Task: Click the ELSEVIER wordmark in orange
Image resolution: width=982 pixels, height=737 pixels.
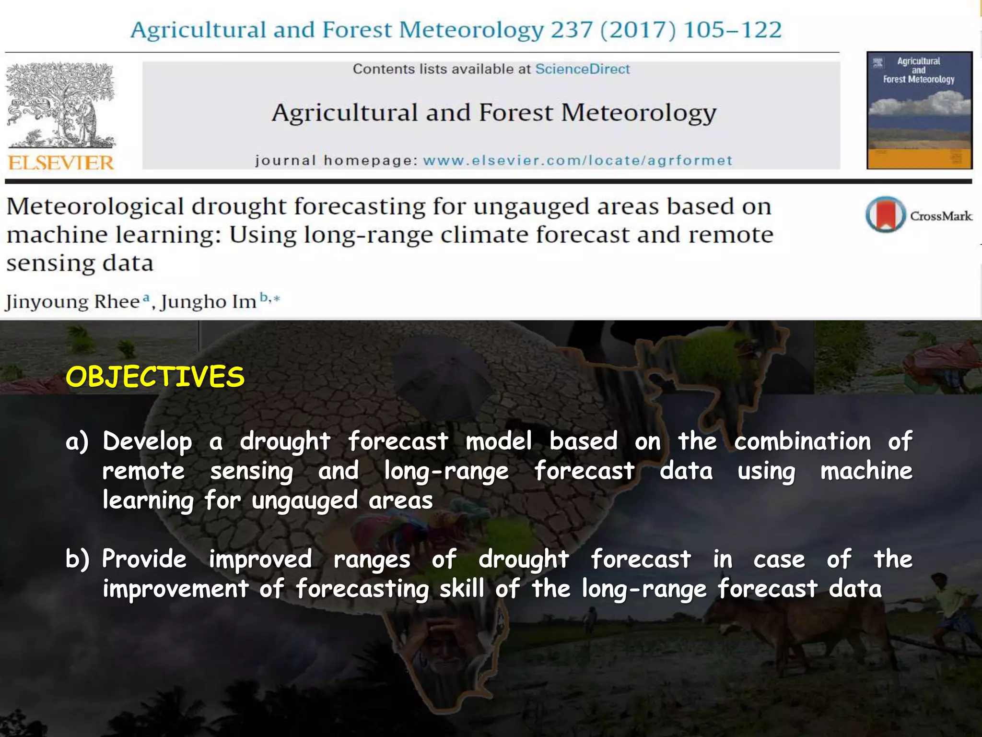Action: pos(61,163)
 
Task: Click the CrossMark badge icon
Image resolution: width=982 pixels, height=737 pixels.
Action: pos(886,214)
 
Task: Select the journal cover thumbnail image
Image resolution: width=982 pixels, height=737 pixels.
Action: pos(919,110)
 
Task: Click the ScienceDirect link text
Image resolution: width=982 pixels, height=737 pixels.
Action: pos(582,69)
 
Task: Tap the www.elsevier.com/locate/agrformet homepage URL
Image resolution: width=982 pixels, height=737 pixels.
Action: pos(577,160)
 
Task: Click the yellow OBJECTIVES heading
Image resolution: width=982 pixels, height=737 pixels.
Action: pos(155,377)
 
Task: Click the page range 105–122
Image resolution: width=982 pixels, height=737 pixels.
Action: pos(733,30)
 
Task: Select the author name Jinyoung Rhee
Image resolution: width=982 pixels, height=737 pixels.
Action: pos(72,302)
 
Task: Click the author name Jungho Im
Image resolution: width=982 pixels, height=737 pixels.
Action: pos(209,302)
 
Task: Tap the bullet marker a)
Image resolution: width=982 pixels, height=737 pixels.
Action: pos(77,442)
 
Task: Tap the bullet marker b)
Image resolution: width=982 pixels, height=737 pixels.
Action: pos(77,559)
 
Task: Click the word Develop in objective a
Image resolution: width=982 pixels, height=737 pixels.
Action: pos(147,442)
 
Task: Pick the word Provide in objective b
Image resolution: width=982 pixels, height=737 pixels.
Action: pos(144,559)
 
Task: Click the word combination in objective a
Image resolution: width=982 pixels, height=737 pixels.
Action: pos(802,442)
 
